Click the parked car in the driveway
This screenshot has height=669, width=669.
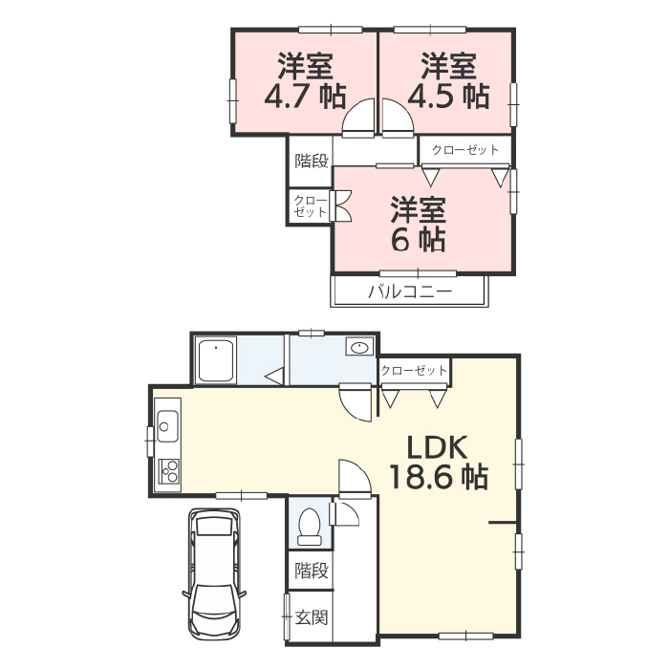pos(214,573)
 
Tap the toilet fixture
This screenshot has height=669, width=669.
pos(310,528)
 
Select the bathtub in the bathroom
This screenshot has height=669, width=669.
pos(216,361)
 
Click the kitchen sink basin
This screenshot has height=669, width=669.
pos(167,426)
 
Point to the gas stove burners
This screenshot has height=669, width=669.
pos(169,471)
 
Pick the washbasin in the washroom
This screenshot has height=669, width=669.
pos(359,347)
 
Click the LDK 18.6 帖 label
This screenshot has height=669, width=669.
pos(439,463)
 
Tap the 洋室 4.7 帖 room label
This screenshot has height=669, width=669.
pos(305,80)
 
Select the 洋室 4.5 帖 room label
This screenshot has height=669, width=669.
pos(448,80)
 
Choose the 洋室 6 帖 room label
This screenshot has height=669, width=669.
pos(419,224)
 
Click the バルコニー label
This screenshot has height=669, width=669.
pos(410,291)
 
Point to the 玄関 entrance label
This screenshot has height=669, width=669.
pos(312,617)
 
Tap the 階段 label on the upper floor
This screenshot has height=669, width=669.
pos(312,161)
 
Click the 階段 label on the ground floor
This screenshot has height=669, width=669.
pos(312,570)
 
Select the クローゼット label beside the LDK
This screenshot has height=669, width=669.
pos(414,370)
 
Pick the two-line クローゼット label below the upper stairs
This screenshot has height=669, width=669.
pos(311,206)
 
